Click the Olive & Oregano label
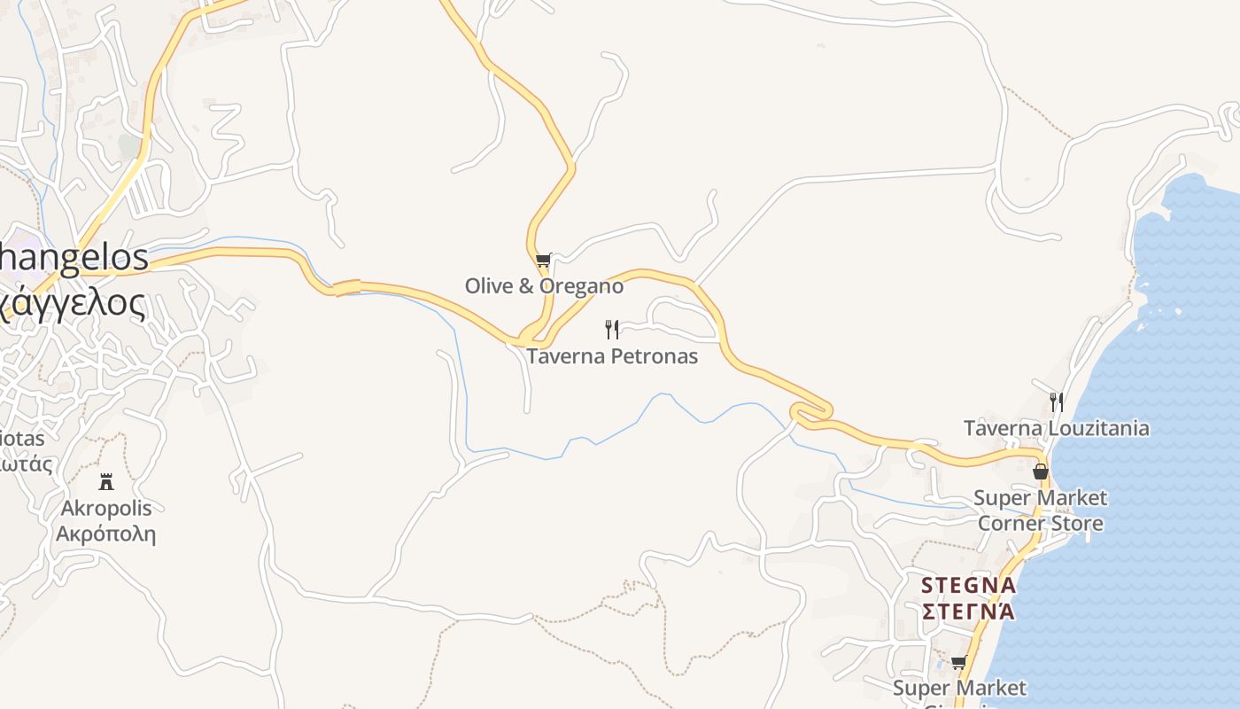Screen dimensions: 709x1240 click(x=544, y=286)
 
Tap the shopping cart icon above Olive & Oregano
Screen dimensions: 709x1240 click(x=543, y=261)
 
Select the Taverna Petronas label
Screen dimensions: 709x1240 click(x=612, y=356)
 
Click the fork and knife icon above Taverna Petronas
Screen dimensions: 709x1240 click(x=611, y=330)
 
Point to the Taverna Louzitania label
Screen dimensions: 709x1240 click(x=1056, y=428)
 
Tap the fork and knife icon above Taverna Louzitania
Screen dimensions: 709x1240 click(x=1056, y=402)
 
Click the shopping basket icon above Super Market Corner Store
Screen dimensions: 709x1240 click(x=1041, y=471)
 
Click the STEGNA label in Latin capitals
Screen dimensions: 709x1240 click(x=968, y=586)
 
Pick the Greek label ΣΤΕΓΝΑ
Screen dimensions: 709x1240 click(x=968, y=612)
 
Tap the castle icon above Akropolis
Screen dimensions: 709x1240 click(x=106, y=481)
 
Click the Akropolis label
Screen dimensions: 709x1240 click(x=106, y=509)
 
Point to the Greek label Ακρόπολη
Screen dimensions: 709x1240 click(x=106, y=534)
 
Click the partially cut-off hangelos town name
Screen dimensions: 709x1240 click(x=74, y=258)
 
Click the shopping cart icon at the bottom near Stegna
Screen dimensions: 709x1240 click(x=958, y=662)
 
